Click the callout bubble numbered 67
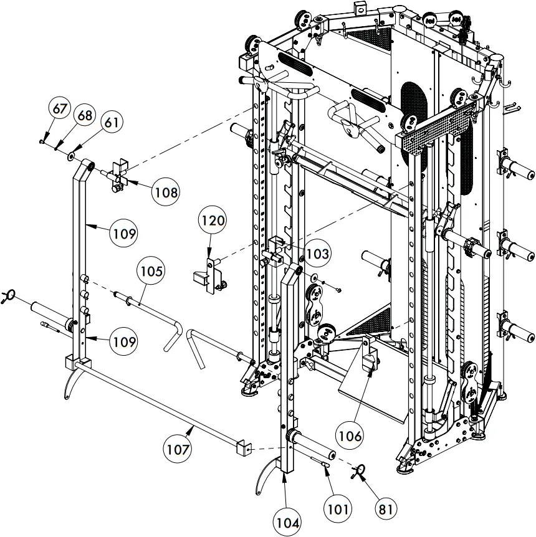click(60, 109)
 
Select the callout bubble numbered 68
click(84, 116)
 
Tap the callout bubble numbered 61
click(110, 122)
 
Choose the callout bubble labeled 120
click(213, 221)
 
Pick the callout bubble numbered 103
click(317, 254)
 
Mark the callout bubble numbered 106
click(350, 436)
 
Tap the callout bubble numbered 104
click(289, 522)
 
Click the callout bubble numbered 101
click(337, 508)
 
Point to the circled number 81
click(386, 508)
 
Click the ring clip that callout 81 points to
click(360, 472)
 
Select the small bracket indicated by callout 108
click(118, 177)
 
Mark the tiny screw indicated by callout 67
click(42, 141)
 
